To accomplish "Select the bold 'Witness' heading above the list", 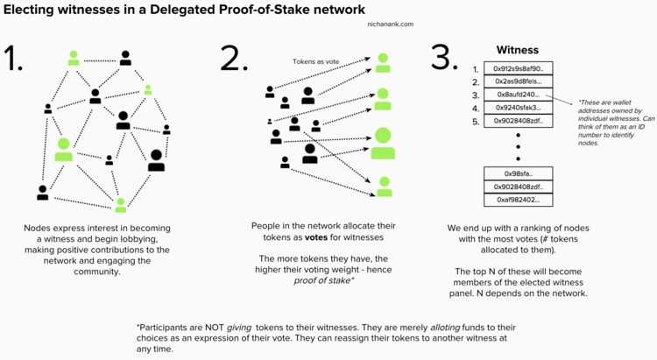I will click(x=518, y=51).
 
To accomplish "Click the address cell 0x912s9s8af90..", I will click(x=518, y=68).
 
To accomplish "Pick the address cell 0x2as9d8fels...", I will click(x=518, y=81).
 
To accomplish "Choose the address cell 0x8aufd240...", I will click(x=518, y=95).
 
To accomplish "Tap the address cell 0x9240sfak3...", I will click(x=518, y=108).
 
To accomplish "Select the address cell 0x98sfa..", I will click(x=518, y=173).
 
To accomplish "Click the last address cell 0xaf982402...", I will click(x=518, y=200).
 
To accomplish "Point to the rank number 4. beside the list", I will click(x=475, y=108).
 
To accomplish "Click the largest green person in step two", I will click(x=383, y=144).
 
